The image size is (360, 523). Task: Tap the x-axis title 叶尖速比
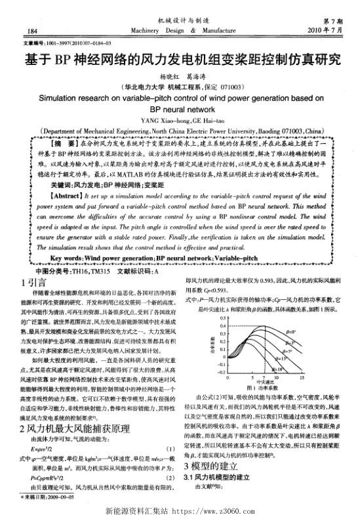coord(265,402)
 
